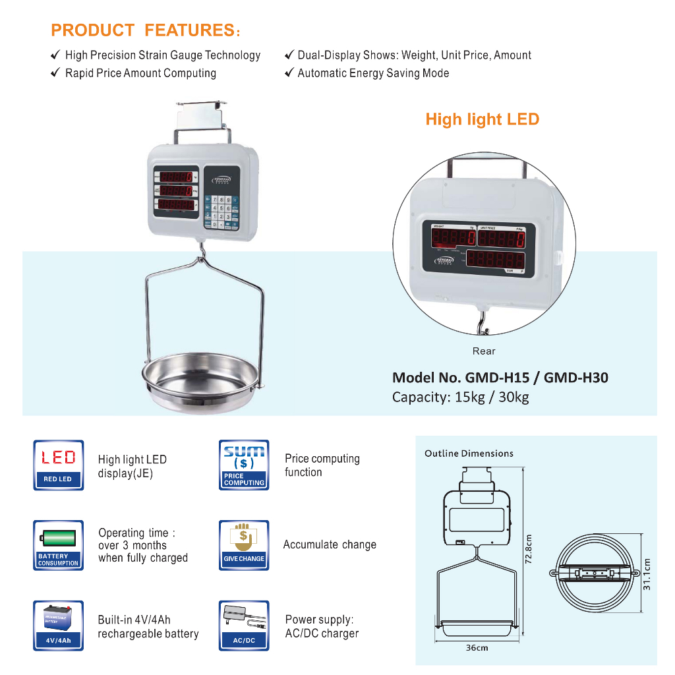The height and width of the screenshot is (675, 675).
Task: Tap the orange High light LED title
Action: [x=482, y=119]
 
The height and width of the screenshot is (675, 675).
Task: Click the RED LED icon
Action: [x=59, y=465]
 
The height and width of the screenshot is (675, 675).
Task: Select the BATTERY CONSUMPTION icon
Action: [x=59, y=545]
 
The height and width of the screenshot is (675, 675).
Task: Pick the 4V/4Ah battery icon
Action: [x=59, y=626]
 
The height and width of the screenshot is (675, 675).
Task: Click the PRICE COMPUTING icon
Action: [x=244, y=465]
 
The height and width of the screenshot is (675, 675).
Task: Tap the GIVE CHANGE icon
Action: [x=244, y=545]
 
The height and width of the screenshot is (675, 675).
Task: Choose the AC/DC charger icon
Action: [x=244, y=626]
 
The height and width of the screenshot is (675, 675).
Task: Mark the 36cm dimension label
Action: [x=477, y=647]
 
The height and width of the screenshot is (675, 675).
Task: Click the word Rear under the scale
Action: [x=484, y=351]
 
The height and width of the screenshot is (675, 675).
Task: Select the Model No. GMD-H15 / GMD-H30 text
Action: [x=500, y=378]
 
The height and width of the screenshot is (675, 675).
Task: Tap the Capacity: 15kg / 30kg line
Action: [x=460, y=397]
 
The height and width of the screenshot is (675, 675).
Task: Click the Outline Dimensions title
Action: [x=469, y=454]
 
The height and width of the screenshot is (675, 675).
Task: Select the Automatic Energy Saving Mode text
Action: [x=373, y=73]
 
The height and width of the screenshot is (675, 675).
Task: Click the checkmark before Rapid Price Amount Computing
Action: [x=56, y=73]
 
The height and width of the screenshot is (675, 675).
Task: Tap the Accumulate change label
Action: [x=330, y=544]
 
